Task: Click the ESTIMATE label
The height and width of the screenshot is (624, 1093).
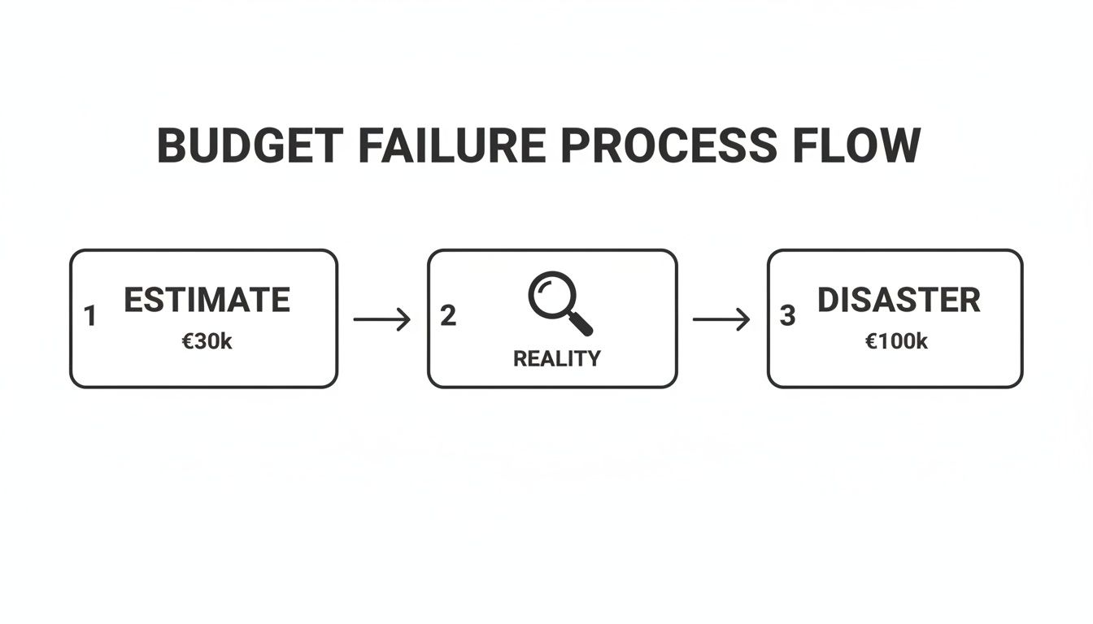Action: coord(207,301)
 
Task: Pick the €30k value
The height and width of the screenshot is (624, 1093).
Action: coord(207,342)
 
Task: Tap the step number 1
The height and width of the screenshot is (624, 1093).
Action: coord(90,317)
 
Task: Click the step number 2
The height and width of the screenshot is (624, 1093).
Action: coord(448,316)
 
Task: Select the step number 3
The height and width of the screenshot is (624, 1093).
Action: coord(787,316)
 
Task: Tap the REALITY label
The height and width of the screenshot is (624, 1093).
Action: coord(557,358)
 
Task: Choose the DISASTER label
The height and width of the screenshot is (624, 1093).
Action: coord(899,301)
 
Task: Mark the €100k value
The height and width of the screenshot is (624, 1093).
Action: coord(896,342)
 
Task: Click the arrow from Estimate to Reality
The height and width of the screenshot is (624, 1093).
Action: coord(382,319)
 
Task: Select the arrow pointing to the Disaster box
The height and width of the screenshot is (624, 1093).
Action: coord(721,319)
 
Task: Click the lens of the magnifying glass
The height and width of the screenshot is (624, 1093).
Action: coord(551,295)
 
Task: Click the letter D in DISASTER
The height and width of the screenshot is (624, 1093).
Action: coord(827,301)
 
